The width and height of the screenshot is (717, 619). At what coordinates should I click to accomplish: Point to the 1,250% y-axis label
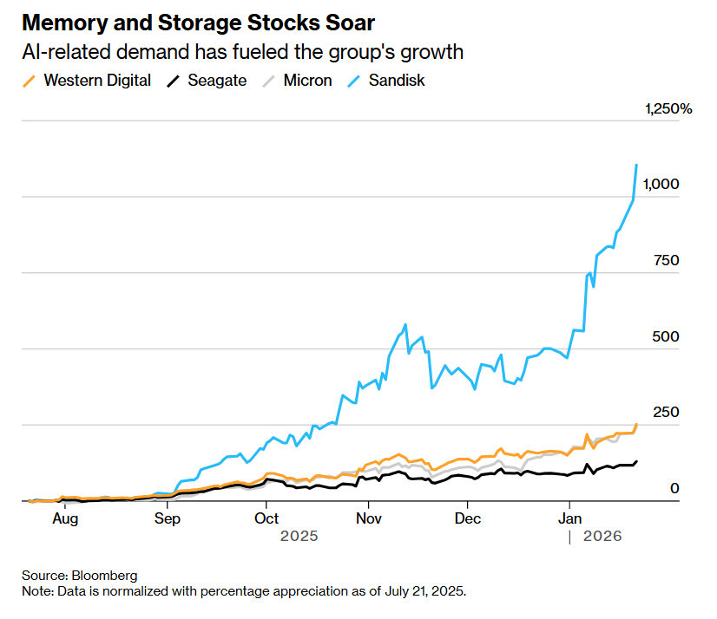pos(668,109)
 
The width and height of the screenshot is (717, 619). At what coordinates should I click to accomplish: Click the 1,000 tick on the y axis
pos(661,185)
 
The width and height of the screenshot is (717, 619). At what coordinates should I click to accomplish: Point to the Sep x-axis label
pos(167,518)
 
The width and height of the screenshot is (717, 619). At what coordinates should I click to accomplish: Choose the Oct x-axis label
pos(266,518)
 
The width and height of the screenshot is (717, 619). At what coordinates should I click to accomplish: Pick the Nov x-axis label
pos(368,518)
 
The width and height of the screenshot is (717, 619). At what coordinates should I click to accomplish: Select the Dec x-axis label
pos(468,518)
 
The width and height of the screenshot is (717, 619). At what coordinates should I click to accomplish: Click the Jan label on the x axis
pos(569,518)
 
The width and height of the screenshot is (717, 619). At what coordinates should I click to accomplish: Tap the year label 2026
pos(602,537)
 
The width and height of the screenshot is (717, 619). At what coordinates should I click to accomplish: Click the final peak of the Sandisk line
pos(637,165)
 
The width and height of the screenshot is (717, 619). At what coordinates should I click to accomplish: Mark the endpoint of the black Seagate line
pos(638,461)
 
